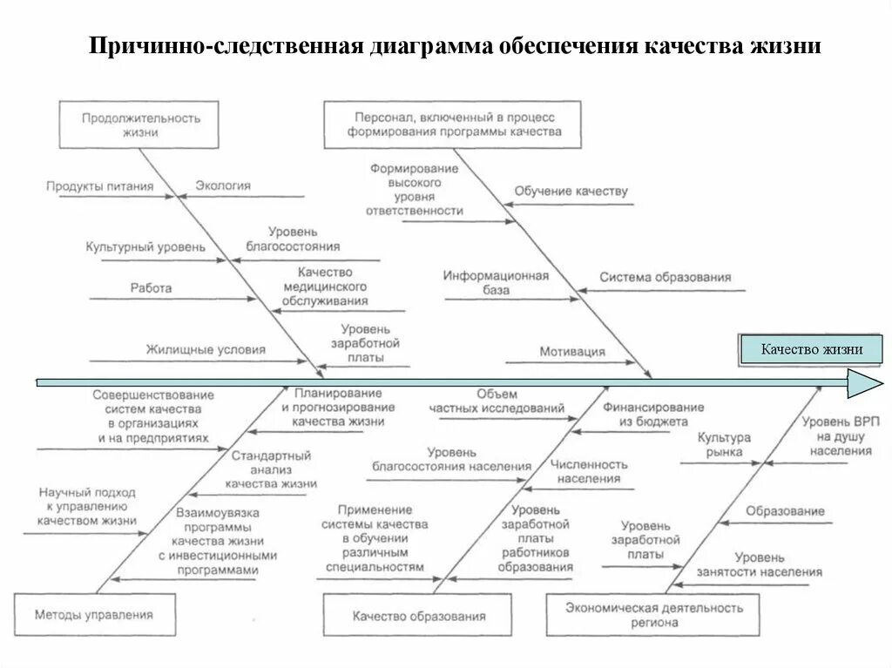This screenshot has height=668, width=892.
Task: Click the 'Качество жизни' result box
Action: pyautogui.click(x=812, y=349)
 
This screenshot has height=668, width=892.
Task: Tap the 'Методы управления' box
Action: pyautogui.click(x=94, y=615)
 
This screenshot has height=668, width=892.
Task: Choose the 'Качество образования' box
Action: pyautogui.click(x=419, y=617)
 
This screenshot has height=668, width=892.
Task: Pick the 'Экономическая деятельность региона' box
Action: pyautogui.click(x=653, y=615)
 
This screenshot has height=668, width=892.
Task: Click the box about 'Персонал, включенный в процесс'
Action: pyautogui.click(x=454, y=124)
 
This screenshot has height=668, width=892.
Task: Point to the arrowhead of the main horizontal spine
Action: pyautogui.click(x=864, y=382)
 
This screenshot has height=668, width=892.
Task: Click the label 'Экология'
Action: pyautogui.click(x=223, y=186)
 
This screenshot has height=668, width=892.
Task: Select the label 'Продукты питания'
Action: pyautogui.click(x=100, y=186)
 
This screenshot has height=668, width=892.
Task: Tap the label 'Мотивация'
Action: pyautogui.click(x=571, y=352)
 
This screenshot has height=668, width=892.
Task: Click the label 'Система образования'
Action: pyautogui.click(x=666, y=278)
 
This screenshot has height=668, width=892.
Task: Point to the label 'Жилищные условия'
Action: pyautogui.click(x=206, y=349)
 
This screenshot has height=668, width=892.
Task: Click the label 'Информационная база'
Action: pyautogui.click(x=495, y=283)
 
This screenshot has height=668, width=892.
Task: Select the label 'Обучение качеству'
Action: pyautogui.click(x=571, y=192)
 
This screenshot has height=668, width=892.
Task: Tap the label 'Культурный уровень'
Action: pyautogui.click(x=145, y=247)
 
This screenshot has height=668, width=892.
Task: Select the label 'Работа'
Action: pyautogui.click(x=151, y=287)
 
